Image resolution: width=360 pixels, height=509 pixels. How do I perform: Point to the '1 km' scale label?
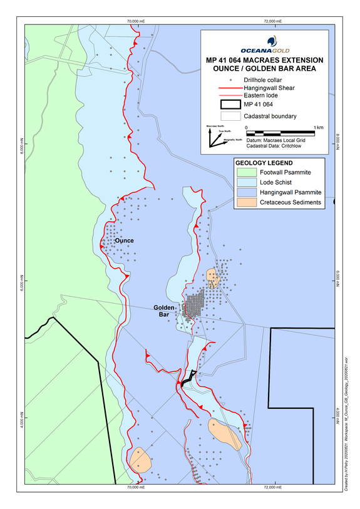click(317, 127)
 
